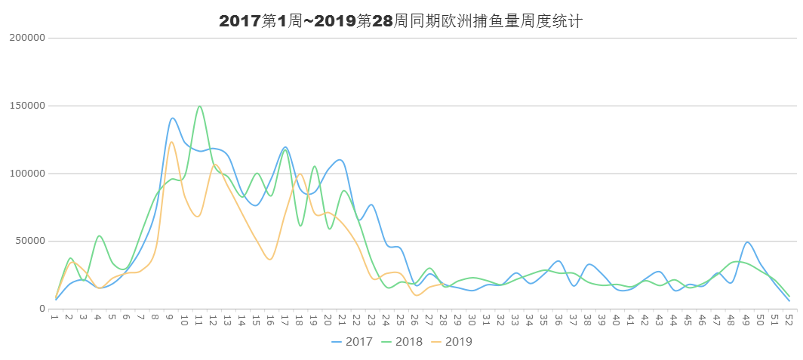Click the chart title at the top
tap(401, 21)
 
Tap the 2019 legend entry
tap(457, 342)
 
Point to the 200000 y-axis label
tap(28, 38)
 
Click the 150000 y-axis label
tap(28, 106)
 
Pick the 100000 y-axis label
tap(28, 174)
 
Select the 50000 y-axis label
tap(31, 242)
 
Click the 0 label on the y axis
tap(43, 309)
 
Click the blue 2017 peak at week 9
tap(172, 118)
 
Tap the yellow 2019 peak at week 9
tap(171, 142)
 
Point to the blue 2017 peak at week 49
tap(747, 242)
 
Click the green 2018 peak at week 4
tap(99, 235)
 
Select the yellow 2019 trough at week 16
tap(270, 259)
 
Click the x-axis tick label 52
tap(789, 321)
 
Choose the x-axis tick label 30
tap(472, 321)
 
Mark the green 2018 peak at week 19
tap(314, 167)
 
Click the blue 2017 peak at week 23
tap(371, 205)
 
